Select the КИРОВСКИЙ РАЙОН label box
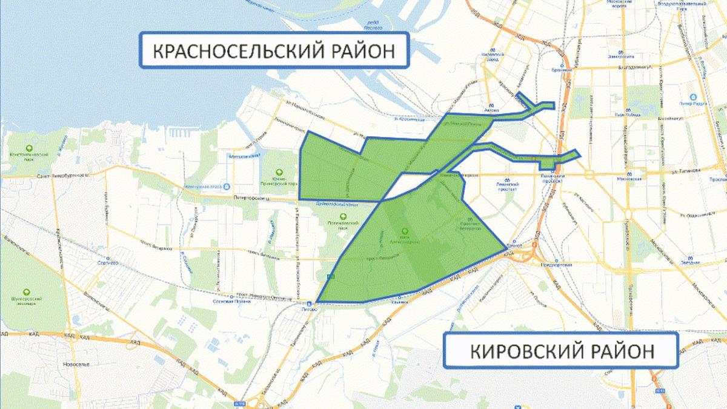pos(560,350)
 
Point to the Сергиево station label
pos(107,263)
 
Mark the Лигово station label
pos(309,309)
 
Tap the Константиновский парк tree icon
pos(28,148)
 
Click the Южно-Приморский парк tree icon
pos(279,172)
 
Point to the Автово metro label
pos(491,111)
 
